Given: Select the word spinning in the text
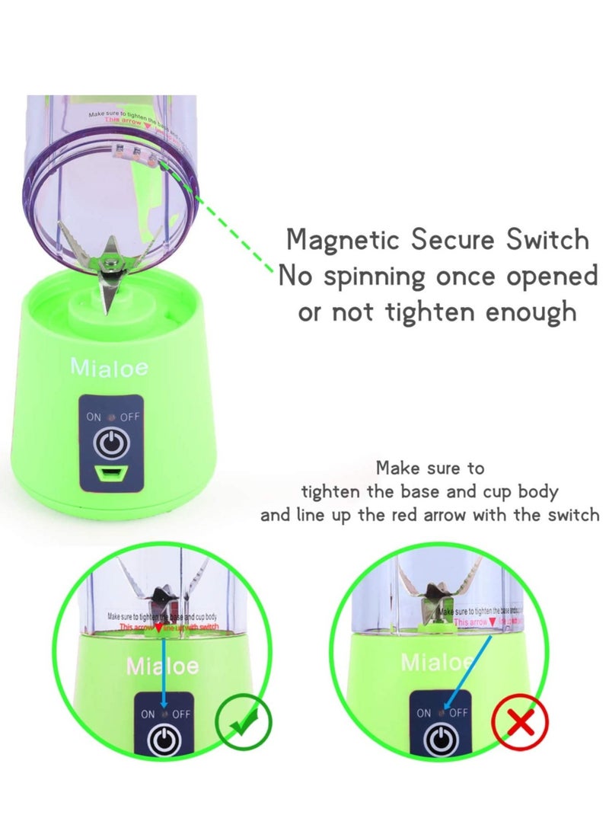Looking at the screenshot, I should click(376, 276).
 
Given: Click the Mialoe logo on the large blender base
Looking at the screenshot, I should click(110, 367).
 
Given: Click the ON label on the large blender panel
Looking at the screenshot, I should click(94, 418).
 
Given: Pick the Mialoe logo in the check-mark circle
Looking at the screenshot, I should click(162, 667).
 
